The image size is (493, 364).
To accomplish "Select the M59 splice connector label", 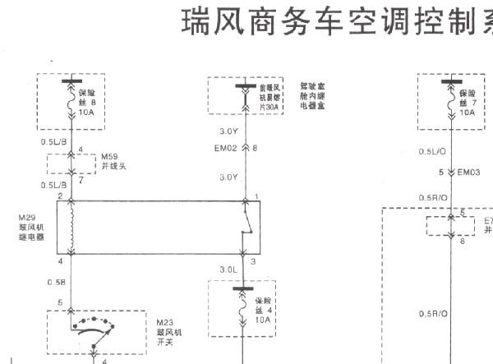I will pos(111,161).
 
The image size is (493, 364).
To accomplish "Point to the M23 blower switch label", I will pos(168,329).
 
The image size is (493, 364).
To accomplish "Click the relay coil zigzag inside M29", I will pos(71,228).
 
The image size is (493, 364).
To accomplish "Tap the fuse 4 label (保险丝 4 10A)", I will pos(262,308).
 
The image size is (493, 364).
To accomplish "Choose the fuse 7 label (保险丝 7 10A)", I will pos(466,104).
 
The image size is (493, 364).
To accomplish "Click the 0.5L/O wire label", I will pos(431,151).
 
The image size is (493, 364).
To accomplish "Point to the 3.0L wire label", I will pos(228,269).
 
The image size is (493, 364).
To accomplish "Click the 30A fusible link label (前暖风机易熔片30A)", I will pos(270,95).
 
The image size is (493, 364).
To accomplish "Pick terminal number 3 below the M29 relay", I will pos(254,261).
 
